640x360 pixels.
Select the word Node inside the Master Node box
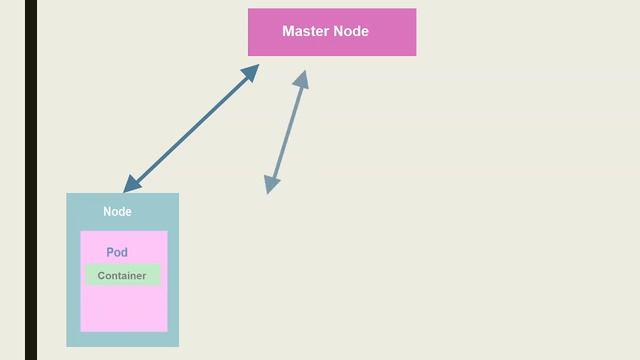pos(352,31)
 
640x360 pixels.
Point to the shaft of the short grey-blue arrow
pos(286,131)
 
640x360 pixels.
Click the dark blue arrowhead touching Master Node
pos(251,71)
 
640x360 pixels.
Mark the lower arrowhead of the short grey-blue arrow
pos(271,184)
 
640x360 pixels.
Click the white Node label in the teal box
pos(117,212)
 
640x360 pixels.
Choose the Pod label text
pos(117,253)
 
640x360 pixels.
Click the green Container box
pos(122,276)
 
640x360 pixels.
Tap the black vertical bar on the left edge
pos(31,180)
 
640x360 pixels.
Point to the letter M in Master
pos(289,31)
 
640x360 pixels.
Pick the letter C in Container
pos(101,276)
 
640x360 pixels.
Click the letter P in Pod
pos(110,253)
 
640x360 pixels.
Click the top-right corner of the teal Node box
pos(178,194)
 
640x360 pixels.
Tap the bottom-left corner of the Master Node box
pos(249,55)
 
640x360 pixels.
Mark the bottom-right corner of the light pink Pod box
pos(167,331)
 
